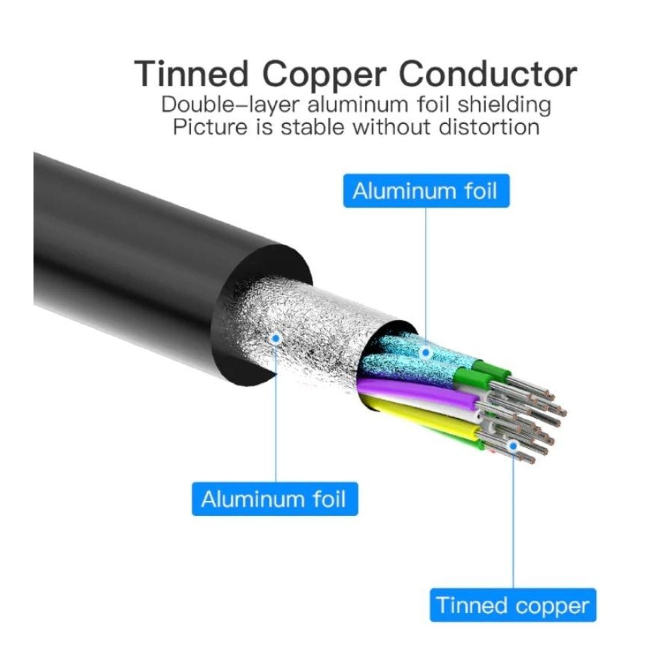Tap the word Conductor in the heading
click(x=488, y=74)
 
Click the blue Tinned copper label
click(x=513, y=605)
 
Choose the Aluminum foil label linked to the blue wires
click(x=426, y=191)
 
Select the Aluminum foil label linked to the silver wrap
click(x=275, y=499)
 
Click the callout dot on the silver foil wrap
click(x=276, y=338)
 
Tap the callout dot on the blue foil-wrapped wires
click(x=426, y=352)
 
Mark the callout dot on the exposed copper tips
click(x=513, y=445)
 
